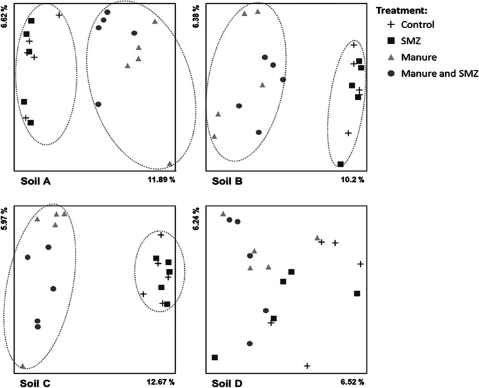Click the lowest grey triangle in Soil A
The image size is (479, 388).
click(169, 164)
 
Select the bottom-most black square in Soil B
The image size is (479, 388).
click(341, 165)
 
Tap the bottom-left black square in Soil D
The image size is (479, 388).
click(215, 357)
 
